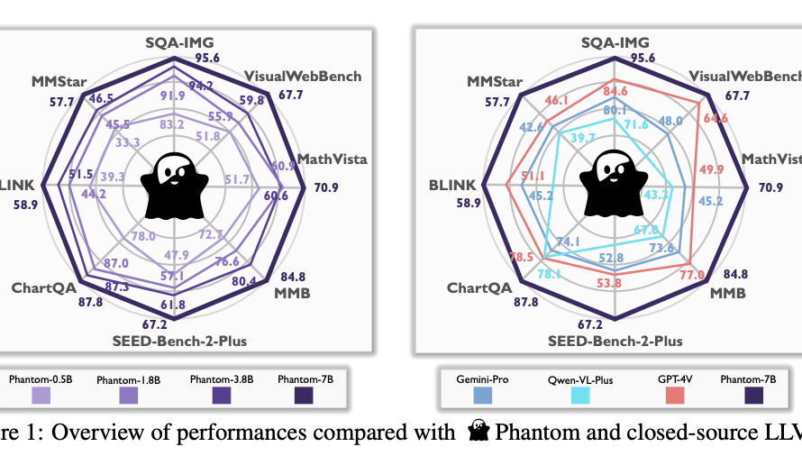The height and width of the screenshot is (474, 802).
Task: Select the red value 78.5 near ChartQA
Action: tap(517, 258)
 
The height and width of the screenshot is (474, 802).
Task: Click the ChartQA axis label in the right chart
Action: tap(478, 288)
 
